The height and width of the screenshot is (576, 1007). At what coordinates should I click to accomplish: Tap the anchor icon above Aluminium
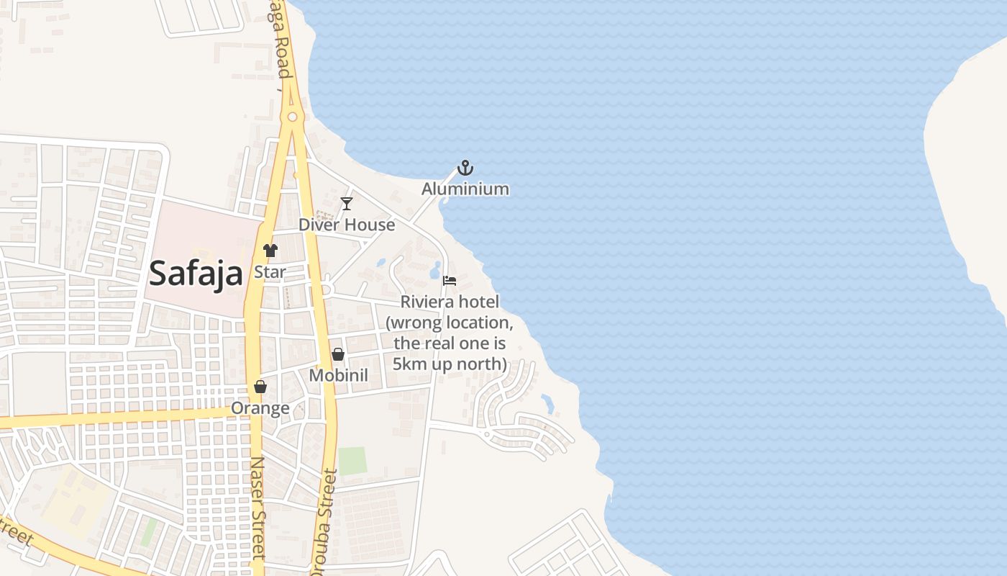click(465, 168)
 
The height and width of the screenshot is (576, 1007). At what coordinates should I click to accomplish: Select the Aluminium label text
click(465, 189)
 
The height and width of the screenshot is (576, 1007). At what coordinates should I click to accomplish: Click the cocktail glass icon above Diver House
click(347, 204)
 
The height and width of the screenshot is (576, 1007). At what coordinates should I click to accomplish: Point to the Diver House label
click(347, 225)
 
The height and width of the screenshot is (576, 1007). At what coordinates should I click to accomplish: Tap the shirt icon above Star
click(270, 251)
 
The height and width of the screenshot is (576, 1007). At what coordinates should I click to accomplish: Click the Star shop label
click(270, 272)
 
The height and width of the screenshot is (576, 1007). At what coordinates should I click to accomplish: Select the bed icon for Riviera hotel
click(450, 280)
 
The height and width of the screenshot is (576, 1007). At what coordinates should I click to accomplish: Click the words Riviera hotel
click(450, 302)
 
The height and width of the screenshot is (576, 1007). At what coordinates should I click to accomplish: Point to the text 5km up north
click(450, 364)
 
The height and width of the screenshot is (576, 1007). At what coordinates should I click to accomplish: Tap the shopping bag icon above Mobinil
click(338, 354)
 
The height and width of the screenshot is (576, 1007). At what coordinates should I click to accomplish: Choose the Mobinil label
click(338, 375)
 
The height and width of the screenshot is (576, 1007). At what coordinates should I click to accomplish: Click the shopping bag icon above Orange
click(260, 387)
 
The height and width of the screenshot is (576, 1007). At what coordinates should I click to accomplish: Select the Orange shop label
click(260, 408)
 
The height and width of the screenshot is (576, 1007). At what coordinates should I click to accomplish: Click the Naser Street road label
click(258, 508)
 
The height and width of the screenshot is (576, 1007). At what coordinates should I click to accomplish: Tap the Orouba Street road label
click(324, 522)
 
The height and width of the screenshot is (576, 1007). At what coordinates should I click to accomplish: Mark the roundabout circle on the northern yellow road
click(292, 117)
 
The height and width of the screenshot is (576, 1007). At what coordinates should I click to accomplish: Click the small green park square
click(352, 461)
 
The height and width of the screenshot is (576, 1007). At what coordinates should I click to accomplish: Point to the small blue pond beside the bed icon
click(434, 271)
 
